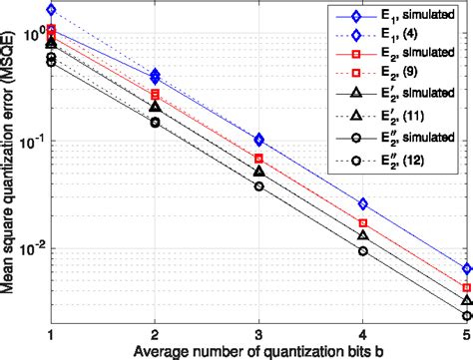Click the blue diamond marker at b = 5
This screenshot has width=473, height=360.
[x=466, y=269]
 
